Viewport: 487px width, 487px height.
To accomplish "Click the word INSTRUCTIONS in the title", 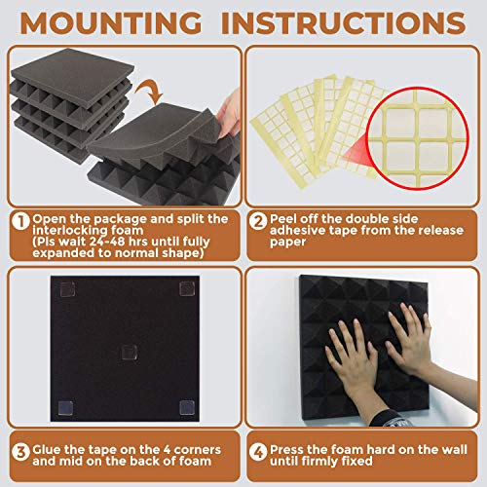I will click(x=348, y=21).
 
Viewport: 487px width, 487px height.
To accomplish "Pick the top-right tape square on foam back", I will click(x=186, y=288).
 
